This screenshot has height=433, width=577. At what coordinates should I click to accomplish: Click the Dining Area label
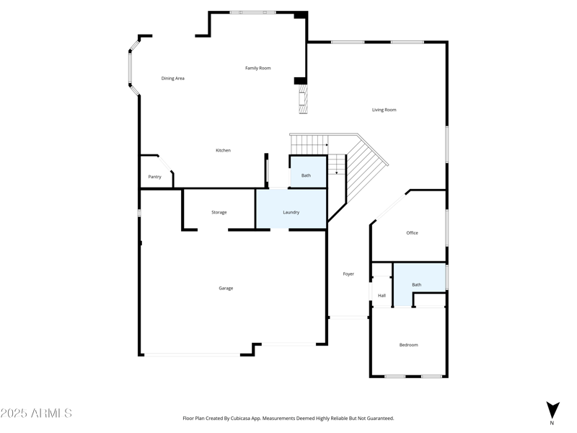tap(172, 78)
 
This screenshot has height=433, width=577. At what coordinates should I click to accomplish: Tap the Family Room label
tap(257, 68)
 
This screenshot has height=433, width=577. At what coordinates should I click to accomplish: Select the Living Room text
tap(384, 110)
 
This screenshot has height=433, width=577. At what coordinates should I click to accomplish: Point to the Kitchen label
tap(224, 150)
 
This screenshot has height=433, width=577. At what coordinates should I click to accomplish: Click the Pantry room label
tap(154, 177)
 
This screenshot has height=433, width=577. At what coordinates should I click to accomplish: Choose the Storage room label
tap(219, 212)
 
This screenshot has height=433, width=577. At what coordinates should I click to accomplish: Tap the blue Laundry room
tap(291, 210)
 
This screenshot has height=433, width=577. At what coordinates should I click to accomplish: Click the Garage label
tap(226, 288)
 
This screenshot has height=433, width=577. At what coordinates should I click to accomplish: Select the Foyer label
tap(348, 274)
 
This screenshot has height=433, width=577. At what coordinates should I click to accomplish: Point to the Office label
tap(412, 232)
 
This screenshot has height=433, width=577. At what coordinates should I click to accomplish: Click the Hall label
tap(382, 295)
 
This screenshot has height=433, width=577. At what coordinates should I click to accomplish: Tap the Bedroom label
tap(408, 345)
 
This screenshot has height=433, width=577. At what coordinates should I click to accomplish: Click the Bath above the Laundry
tap(307, 175)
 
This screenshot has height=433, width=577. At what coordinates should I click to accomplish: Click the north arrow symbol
tap(552, 410)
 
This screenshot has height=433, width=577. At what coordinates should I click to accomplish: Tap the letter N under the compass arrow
tap(552, 424)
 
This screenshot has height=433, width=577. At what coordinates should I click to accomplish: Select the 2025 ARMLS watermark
tap(36, 414)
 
